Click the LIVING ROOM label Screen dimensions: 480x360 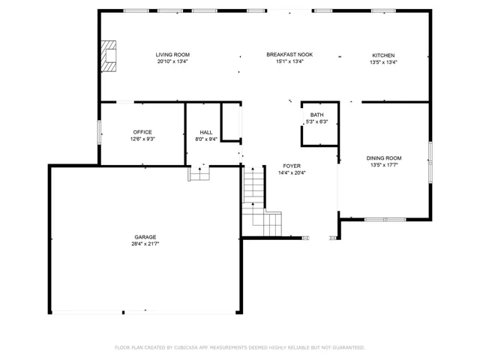click(172, 55)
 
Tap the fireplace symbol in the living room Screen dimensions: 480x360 click(109, 56)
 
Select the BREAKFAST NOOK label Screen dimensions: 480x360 click(289, 55)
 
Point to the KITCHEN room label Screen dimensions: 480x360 click(383, 55)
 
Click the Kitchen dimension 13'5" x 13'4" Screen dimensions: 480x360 click(383, 62)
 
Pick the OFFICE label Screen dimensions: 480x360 click(142, 132)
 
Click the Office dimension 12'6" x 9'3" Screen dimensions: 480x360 click(142, 139)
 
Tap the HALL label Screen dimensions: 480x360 click(206, 133)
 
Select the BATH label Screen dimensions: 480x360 click(316, 115)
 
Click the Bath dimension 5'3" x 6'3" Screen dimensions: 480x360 click(317, 121)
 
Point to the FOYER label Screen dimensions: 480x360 click(292, 166)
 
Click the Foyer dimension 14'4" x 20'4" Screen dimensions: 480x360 click(292, 173)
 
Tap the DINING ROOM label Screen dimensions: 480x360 click(384, 158)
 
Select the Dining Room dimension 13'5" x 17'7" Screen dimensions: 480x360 click(384, 165)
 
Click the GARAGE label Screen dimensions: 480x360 click(145, 237)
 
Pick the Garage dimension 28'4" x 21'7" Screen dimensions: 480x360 click(145, 244)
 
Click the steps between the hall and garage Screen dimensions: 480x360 click(199, 173)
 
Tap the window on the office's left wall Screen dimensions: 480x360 click(99, 132)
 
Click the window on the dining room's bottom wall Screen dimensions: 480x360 click(385, 220)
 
